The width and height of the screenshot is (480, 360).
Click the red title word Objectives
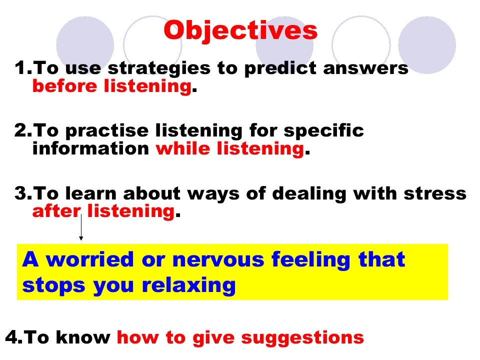coord(240,30)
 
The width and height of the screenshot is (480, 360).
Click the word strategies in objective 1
coord(159,68)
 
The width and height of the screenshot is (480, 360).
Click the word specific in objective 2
coord(323,130)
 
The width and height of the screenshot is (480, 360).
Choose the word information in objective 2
coord(90,148)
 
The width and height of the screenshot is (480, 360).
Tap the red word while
coord(183,148)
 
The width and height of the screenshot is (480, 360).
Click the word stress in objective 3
coord(435,193)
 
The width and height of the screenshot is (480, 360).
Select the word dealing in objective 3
coord(309,194)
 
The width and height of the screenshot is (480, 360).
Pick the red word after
coord(56,211)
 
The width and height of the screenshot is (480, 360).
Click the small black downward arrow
coord(81,227)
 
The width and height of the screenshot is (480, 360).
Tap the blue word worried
coord(89,259)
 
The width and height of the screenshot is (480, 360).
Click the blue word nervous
coord(218,260)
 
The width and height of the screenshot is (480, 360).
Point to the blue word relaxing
coord(188,286)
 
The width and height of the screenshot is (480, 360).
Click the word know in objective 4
coord(83,337)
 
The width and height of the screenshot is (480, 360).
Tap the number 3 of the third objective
coord(20,193)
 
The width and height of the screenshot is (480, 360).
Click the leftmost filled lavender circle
coord(85,45)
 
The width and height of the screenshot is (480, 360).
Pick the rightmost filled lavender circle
coord(427,45)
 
